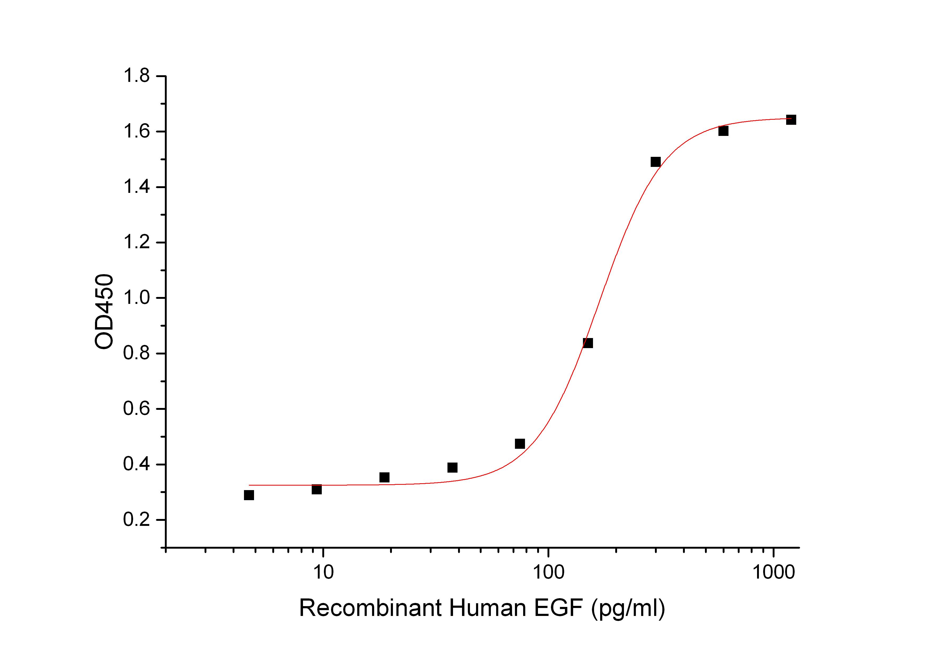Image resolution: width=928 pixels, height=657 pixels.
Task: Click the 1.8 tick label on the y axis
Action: (x=136, y=76)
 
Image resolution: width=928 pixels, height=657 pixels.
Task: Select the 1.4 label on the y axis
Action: (x=136, y=187)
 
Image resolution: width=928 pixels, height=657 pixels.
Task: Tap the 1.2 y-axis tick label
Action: (x=136, y=242)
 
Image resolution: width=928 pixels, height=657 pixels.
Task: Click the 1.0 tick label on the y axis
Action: (x=136, y=298)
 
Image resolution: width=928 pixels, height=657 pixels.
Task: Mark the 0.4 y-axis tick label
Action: (x=136, y=464)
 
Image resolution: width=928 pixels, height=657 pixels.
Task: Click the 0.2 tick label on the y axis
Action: (x=136, y=520)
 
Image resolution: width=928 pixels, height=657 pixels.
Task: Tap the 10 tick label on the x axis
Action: (x=323, y=572)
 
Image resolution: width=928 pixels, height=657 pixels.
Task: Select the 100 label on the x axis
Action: (x=548, y=572)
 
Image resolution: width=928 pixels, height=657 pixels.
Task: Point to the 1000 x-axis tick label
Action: (x=773, y=572)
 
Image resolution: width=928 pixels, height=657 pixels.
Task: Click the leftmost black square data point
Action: (x=249, y=495)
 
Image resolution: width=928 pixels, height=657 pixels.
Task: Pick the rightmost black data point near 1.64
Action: (x=791, y=120)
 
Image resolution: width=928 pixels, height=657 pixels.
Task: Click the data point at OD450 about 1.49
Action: (x=656, y=162)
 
